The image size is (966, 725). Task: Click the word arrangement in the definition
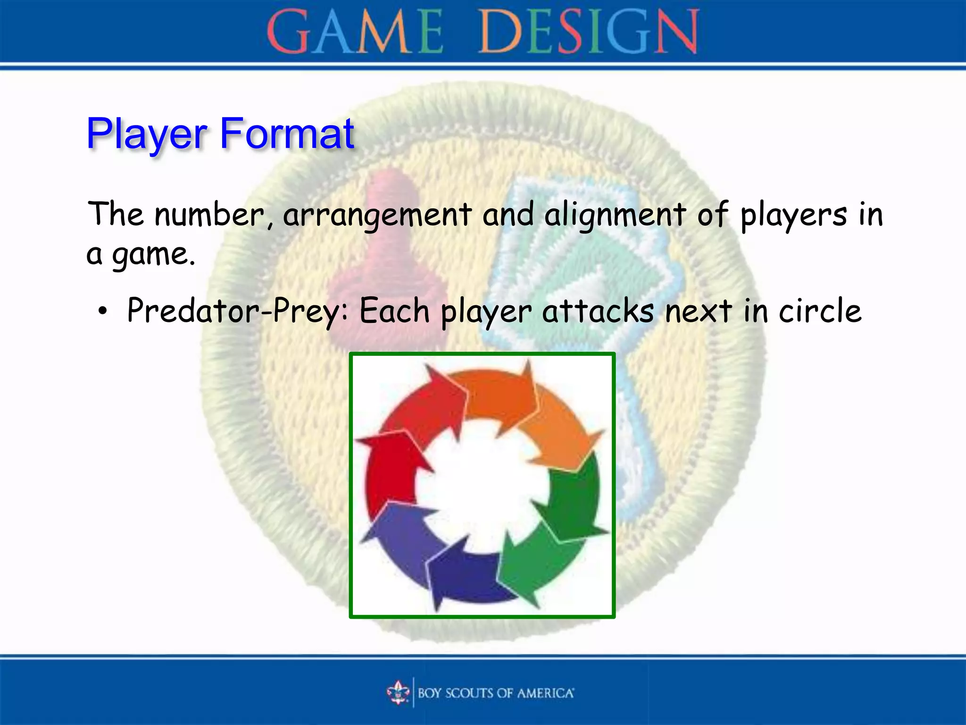coord(377,215)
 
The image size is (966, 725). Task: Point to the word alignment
coord(615,215)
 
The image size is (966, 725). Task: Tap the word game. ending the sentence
coord(153,255)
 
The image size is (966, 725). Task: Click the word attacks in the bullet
coord(598,312)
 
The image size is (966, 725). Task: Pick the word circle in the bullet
coord(820,312)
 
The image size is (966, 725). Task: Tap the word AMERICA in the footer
coord(545,693)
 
